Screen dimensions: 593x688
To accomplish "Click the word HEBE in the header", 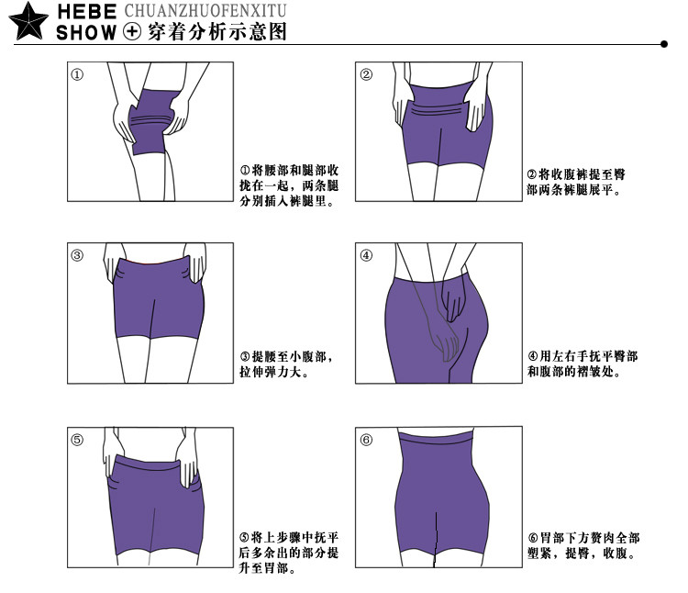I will tap(87, 12).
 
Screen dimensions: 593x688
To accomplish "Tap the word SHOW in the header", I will tap(87, 33).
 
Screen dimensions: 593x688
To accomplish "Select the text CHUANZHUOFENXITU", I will tap(205, 12).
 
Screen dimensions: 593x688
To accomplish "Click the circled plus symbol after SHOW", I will tap(131, 33).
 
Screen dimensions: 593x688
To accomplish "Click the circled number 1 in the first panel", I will tap(78, 75).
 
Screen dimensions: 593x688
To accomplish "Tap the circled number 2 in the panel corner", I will tap(366, 75).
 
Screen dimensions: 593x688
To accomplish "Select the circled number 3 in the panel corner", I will tap(78, 255).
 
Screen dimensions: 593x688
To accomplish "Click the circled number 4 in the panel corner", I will tap(366, 255).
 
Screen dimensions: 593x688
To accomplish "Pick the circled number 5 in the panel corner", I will tap(78, 440).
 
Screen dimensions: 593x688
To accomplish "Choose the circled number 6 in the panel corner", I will tap(366, 440).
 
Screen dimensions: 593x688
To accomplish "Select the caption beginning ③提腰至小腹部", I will tap(285, 364).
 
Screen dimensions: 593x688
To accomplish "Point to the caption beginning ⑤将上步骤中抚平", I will tap(290, 553).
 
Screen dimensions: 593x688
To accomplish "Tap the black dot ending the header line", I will tap(663, 43).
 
